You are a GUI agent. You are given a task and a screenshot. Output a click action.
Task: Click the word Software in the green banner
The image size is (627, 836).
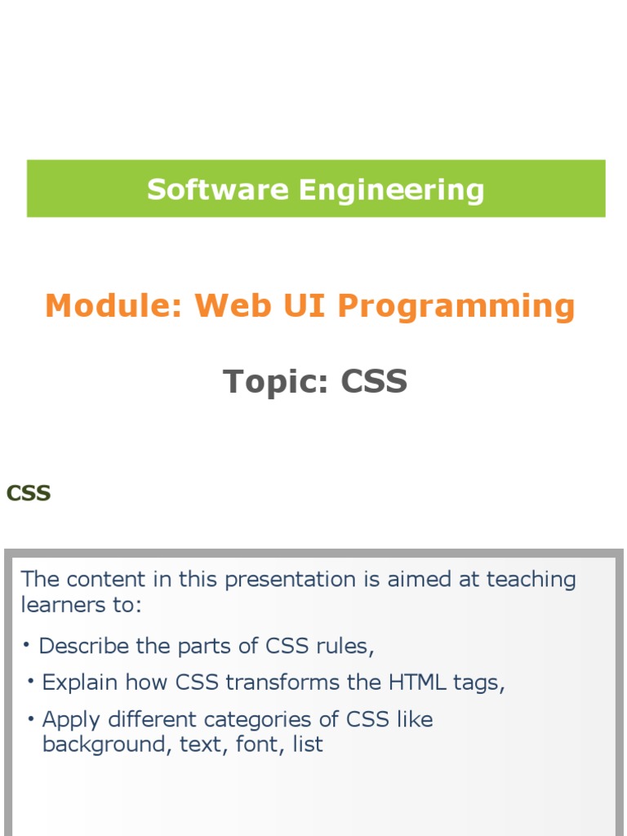tap(218, 190)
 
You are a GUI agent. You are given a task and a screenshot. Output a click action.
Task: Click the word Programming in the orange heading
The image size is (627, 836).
tap(456, 306)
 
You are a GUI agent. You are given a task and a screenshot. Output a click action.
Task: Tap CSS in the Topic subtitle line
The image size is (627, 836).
tap(374, 381)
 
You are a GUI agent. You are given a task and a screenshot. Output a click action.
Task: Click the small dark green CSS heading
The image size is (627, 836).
tap(29, 493)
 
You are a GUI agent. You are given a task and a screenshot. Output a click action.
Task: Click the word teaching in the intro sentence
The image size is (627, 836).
tap(531, 580)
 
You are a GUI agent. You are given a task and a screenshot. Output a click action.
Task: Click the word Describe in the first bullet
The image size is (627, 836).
tap(84, 646)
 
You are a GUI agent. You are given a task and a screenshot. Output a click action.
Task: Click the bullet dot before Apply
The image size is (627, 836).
tap(30, 718)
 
